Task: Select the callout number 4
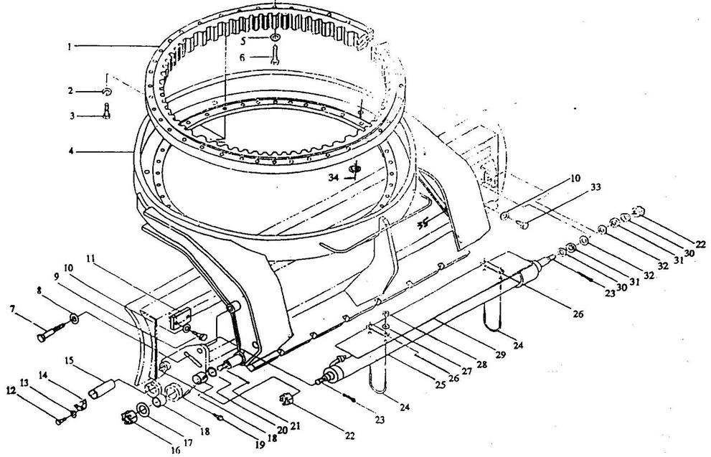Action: [x=71, y=151]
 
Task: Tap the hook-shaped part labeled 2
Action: [x=105, y=92]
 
